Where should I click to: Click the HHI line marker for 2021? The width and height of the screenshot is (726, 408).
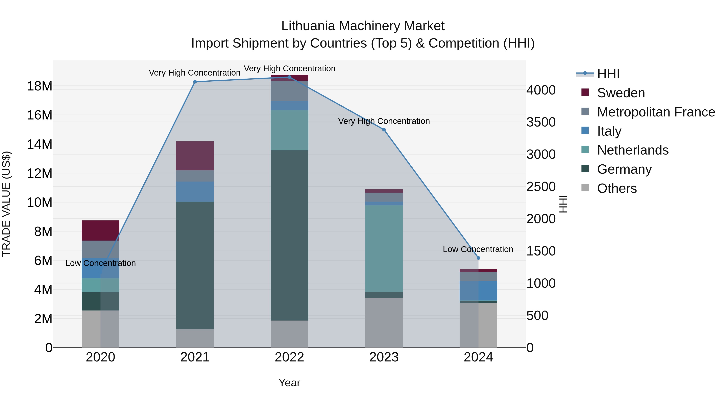tap(195, 82)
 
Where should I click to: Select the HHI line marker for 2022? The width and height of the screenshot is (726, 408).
tap(289, 77)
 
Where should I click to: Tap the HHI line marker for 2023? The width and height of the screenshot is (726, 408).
tap(384, 130)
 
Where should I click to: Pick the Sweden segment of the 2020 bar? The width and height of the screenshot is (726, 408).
tap(100, 230)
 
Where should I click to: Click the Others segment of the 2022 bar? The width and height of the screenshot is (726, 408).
tap(289, 334)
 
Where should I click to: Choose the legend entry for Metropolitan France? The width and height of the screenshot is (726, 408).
tap(656, 112)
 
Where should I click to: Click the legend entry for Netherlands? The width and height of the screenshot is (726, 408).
tap(632, 150)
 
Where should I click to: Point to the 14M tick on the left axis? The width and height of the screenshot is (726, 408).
tap(40, 144)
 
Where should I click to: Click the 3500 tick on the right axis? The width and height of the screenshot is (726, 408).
tap(541, 122)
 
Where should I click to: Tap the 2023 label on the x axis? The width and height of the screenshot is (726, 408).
tap(384, 357)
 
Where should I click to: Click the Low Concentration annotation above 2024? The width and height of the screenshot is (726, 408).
tap(478, 249)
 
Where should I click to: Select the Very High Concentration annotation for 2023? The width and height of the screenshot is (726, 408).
tap(384, 121)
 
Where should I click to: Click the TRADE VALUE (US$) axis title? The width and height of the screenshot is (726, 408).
tap(6, 204)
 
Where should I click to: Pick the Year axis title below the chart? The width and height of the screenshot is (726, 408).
tap(289, 383)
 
